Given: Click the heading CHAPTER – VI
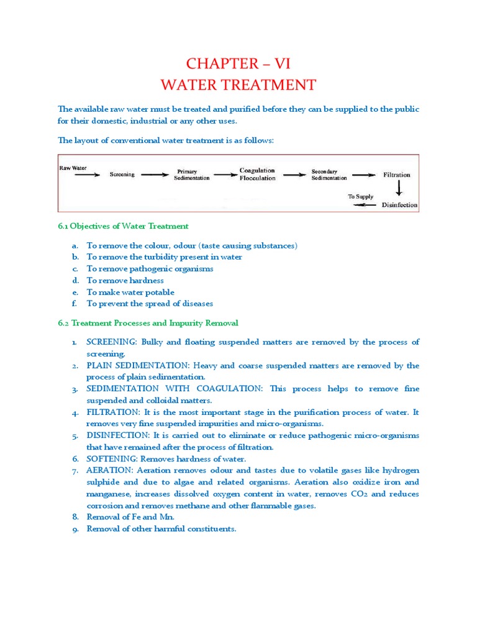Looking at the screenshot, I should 238,63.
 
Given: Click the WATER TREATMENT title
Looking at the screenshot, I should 238,84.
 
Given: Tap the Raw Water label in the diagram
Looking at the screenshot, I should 73,168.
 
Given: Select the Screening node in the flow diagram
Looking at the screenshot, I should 122,175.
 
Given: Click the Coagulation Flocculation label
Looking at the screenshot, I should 257,174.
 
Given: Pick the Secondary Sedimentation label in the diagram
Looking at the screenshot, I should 329,175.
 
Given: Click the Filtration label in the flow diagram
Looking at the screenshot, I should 396,175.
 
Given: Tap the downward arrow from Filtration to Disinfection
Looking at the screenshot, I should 399,188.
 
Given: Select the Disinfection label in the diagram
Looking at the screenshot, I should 399,204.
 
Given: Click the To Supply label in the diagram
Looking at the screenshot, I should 360,196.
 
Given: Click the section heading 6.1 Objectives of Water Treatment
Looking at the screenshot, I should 123,226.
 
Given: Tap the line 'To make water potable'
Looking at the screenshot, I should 130,292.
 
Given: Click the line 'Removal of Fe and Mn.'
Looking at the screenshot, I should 130,517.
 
